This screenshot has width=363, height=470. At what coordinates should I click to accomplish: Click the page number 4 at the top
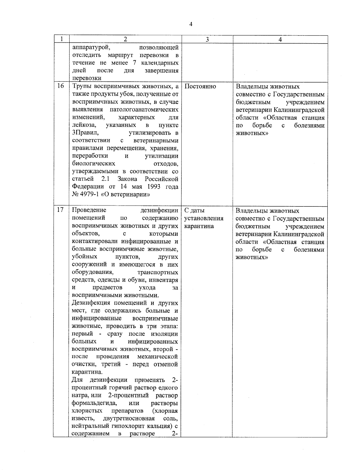(191, 25)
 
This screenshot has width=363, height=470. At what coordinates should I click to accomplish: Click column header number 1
(61, 39)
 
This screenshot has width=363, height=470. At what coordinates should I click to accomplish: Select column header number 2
(125, 39)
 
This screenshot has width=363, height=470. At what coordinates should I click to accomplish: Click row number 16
(61, 86)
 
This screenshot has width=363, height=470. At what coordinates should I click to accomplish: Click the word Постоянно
(200, 86)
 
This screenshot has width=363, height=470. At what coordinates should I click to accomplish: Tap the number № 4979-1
(87, 194)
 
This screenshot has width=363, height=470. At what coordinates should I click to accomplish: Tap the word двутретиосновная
(129, 419)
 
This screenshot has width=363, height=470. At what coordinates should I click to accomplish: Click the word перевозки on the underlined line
(87, 78)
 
